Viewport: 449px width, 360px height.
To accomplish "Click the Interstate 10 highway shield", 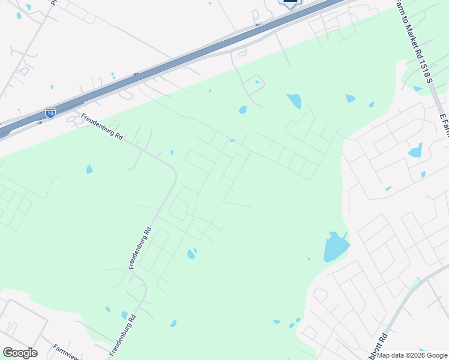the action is pos(50,112).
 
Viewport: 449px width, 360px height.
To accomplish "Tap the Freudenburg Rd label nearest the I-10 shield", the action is pos(102,127).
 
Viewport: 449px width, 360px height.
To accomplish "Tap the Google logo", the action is pos(20,353).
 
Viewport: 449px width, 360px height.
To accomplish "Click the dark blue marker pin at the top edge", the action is pos(290,3).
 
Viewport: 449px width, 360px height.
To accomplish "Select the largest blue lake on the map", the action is pos(335,247).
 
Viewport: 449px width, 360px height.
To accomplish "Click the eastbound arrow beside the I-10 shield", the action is pos(40,123).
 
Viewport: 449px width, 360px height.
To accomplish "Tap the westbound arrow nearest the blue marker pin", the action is pos(258,25).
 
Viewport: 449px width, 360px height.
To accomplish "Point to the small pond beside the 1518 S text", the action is pos(417,89).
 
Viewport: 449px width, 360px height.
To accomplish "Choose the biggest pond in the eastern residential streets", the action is pos(415,150).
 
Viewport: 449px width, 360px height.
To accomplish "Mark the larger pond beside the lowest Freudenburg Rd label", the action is pos(125,315).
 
